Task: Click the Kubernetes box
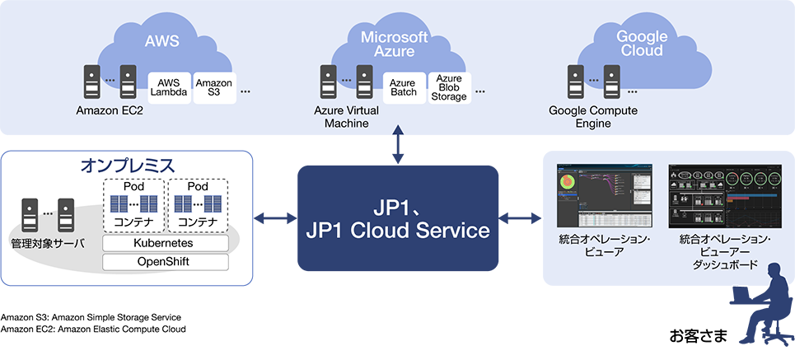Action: point(165,244)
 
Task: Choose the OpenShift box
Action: point(165,262)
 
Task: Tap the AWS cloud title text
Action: point(161,42)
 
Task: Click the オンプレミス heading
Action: point(128,166)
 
